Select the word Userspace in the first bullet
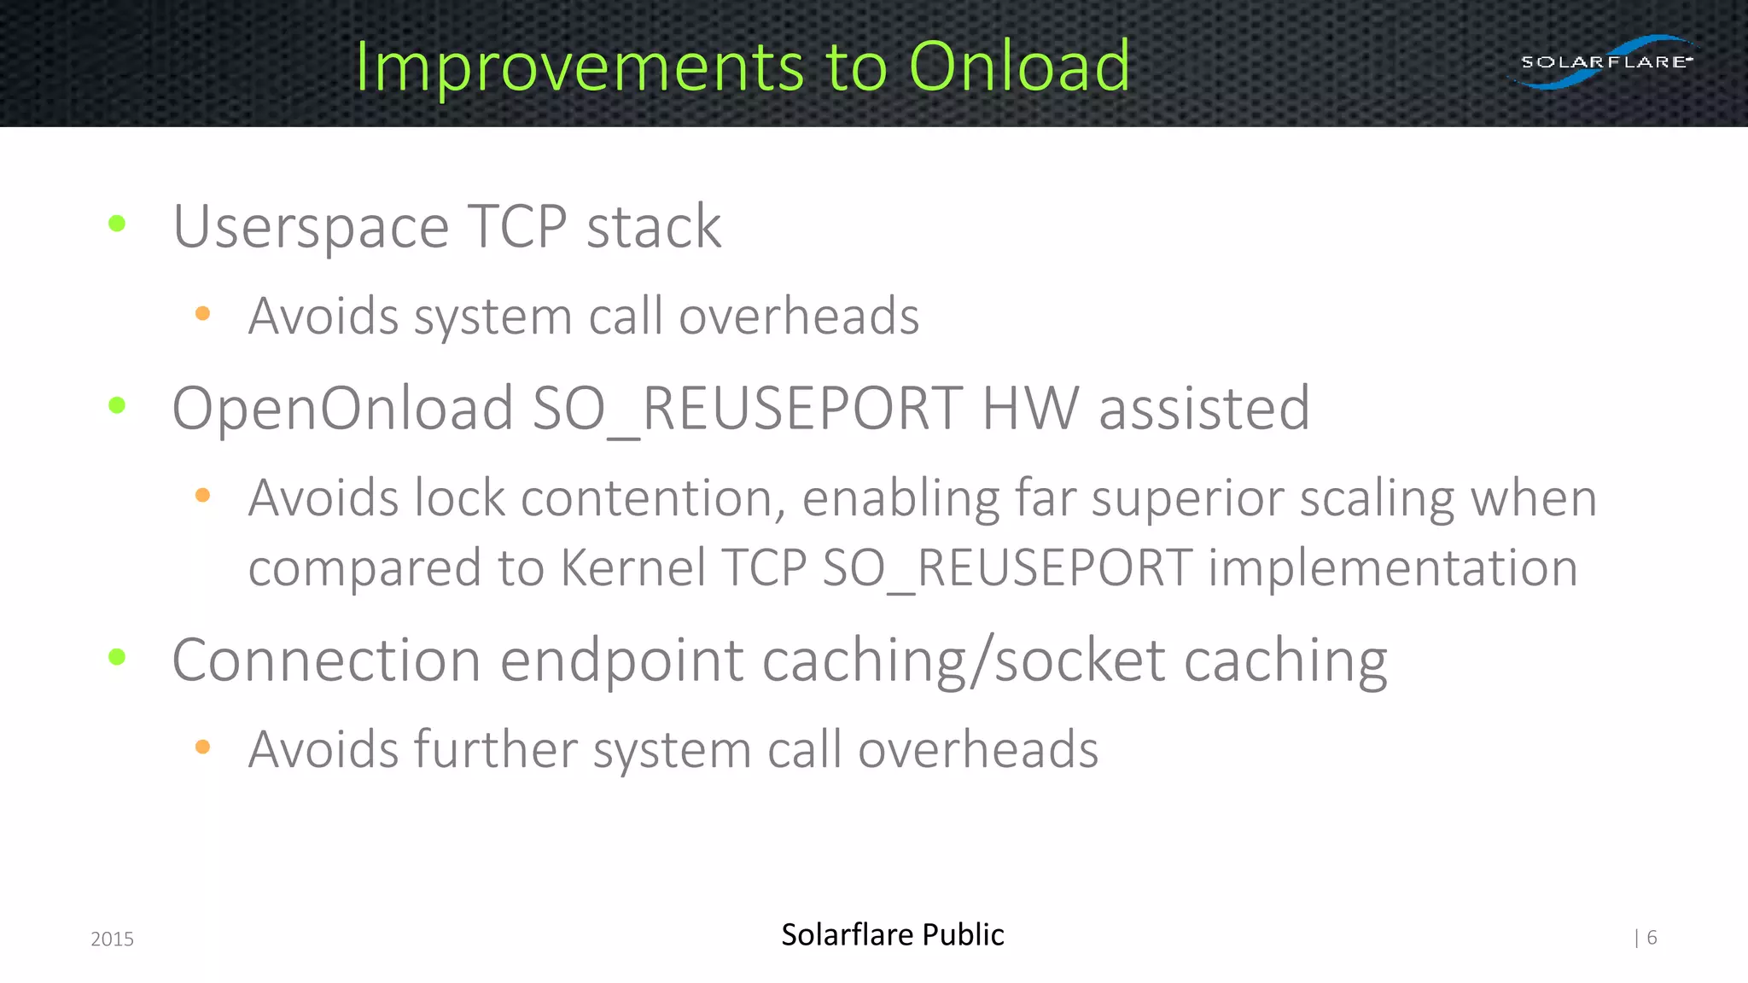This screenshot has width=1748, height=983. click(x=311, y=228)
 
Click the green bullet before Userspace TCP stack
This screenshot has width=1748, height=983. click(x=118, y=224)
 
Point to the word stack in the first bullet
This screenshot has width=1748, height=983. click(x=654, y=228)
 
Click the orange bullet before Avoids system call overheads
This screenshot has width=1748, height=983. click(x=202, y=313)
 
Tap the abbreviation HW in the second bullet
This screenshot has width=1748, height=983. click(x=1030, y=408)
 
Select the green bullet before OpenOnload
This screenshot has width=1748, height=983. click(x=118, y=405)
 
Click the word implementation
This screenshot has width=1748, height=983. click(x=1393, y=568)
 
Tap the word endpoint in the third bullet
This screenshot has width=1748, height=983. click(x=621, y=660)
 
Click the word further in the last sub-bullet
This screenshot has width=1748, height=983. click(x=496, y=749)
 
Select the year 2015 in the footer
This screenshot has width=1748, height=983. click(x=112, y=939)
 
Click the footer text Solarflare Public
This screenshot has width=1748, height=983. click(x=892, y=934)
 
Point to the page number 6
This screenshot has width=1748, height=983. click(x=1652, y=938)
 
